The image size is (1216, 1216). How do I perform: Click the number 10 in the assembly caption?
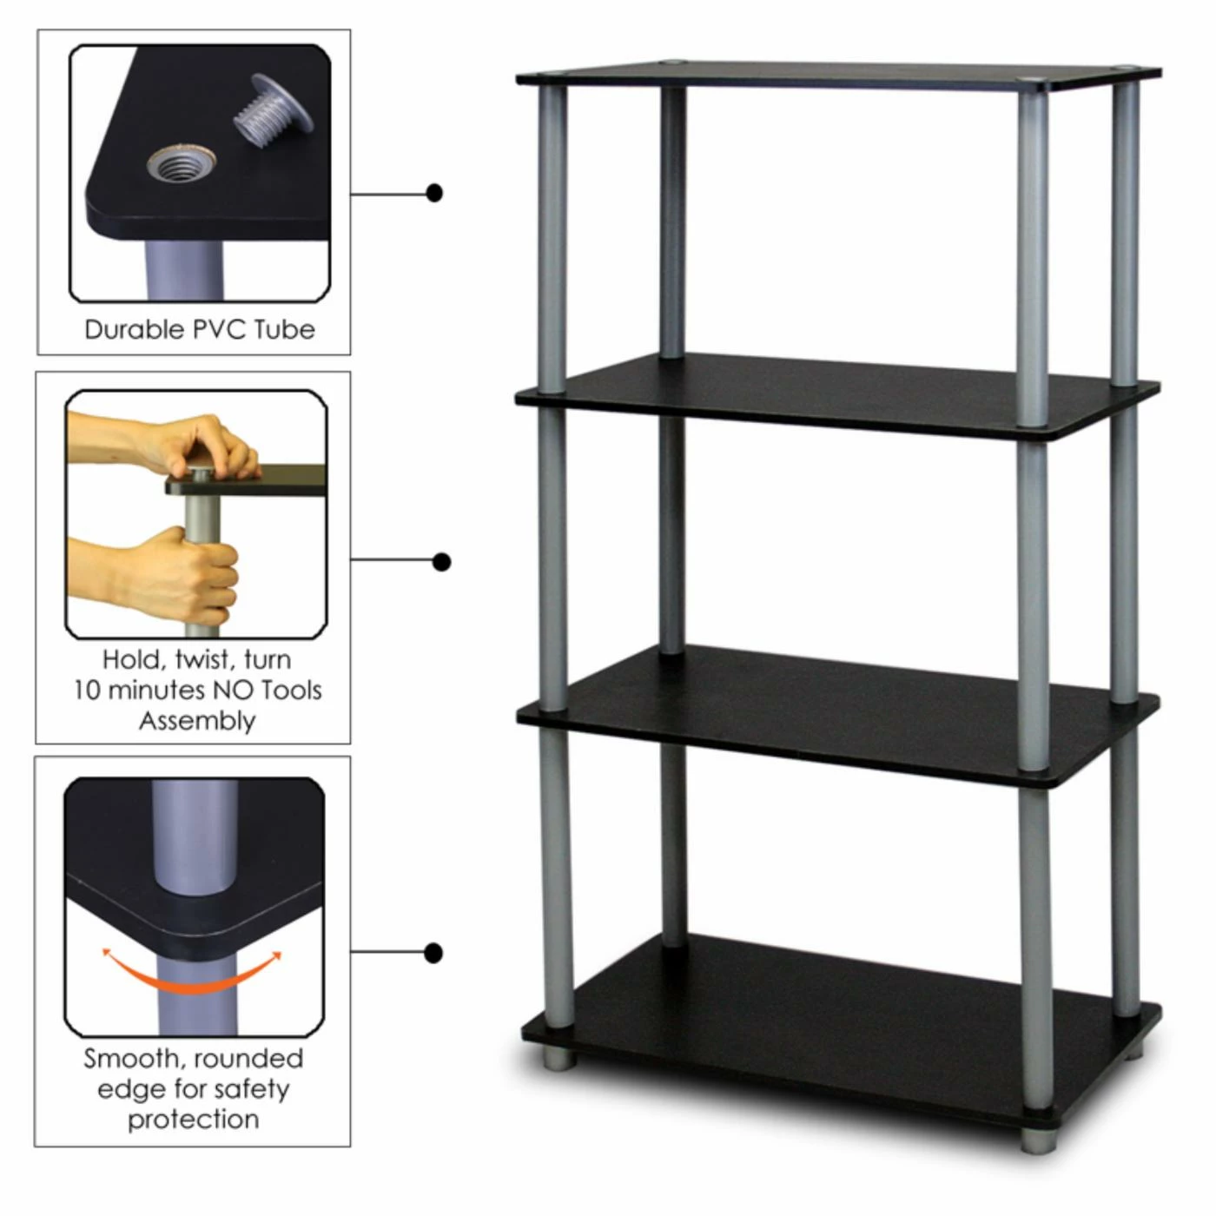pos(87,691)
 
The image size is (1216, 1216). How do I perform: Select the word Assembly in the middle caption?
pos(197,722)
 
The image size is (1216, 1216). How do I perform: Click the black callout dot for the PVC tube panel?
pos(434,193)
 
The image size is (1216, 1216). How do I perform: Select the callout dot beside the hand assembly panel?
pos(442,562)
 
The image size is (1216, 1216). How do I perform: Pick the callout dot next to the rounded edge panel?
pos(433,954)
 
